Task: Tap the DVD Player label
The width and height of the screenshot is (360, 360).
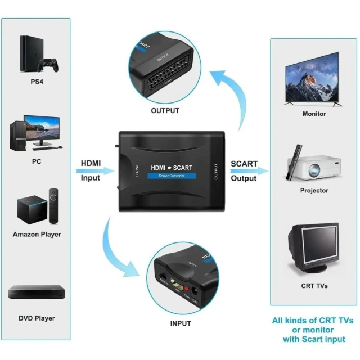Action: point(37,318)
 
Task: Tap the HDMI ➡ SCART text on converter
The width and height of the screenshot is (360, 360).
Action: point(172,167)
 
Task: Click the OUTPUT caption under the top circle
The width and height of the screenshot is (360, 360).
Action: point(165,111)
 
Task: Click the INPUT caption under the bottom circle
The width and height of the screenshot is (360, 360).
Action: point(180,323)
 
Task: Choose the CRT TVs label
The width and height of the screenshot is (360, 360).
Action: point(314,286)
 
